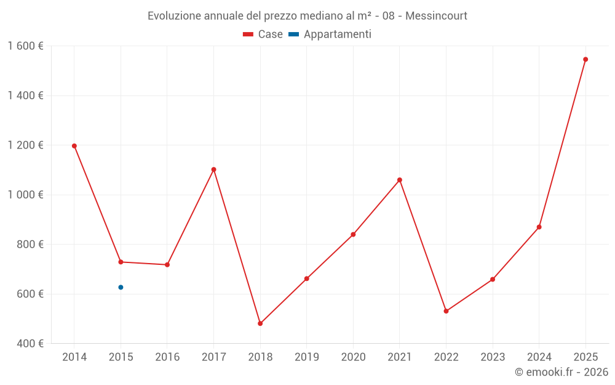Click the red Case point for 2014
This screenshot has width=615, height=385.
click(74, 146)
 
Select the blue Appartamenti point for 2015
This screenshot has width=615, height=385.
click(121, 287)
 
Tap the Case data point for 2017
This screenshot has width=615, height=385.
click(213, 169)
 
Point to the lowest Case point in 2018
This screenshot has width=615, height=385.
click(260, 323)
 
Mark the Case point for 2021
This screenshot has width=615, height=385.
click(400, 180)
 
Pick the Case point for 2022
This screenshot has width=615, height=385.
click(446, 311)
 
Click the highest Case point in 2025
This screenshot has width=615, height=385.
click(585, 60)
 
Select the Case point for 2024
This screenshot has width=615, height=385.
click(539, 227)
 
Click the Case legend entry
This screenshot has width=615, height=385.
click(263, 34)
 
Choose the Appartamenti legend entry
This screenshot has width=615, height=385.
click(330, 34)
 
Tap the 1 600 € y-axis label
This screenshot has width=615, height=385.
click(25, 46)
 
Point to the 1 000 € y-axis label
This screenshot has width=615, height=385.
click(25, 195)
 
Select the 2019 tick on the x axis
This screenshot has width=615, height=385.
click(307, 357)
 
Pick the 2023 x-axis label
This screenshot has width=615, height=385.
click(493, 357)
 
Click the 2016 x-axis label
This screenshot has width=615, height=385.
click(167, 357)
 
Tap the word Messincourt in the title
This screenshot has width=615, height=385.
click(436, 16)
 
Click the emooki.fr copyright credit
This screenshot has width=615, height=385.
click(561, 372)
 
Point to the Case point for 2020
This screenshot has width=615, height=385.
click(353, 234)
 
